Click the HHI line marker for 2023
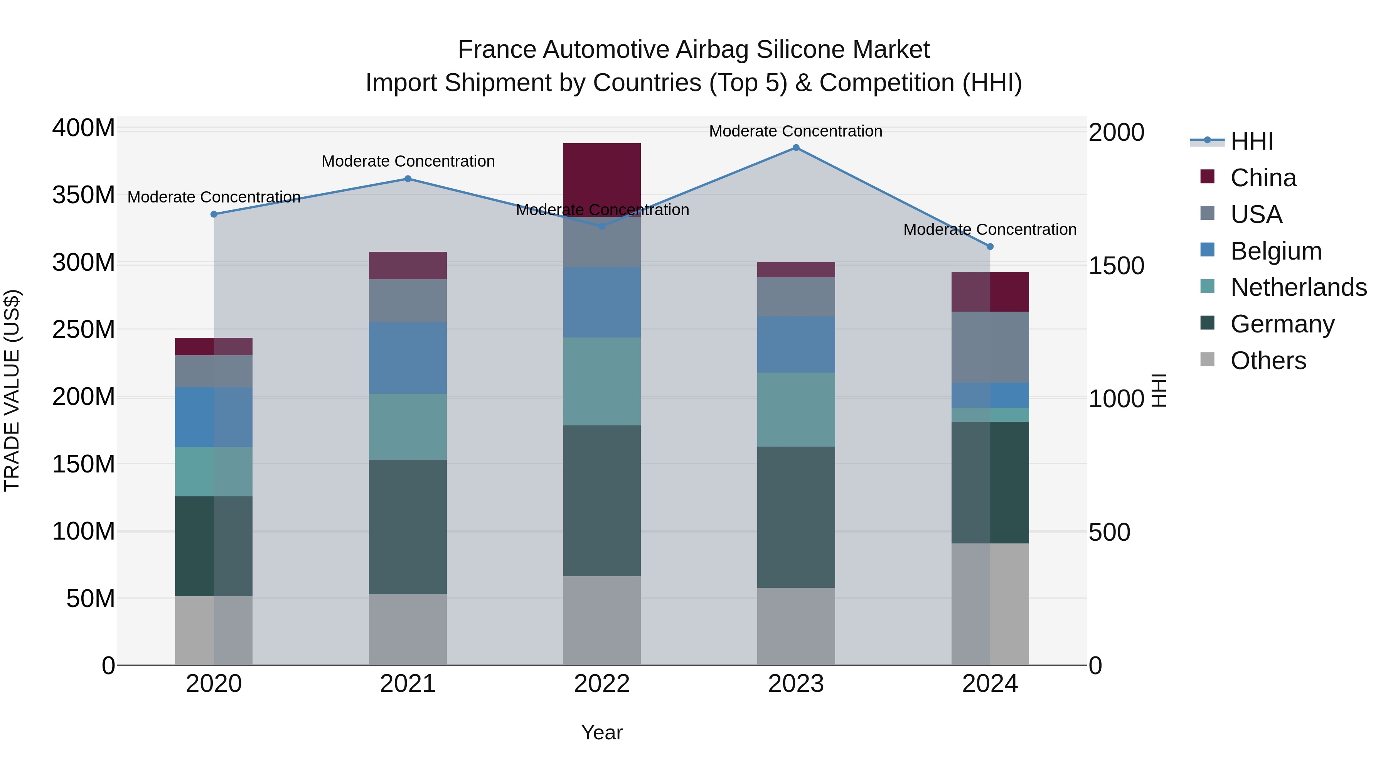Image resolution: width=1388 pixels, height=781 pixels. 796,148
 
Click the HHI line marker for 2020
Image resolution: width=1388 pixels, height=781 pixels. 214,214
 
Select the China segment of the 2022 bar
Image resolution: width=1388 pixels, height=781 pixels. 602,178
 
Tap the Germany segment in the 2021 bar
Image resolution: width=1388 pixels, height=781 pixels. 408,526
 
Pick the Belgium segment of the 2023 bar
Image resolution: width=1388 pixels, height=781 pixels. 796,344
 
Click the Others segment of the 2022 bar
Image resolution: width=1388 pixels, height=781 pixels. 602,621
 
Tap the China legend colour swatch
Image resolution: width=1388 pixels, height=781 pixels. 1208,177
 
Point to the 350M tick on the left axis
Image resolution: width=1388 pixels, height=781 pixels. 84,195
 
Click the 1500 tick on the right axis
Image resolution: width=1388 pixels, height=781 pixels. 1116,266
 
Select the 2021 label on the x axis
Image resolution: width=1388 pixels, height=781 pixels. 408,684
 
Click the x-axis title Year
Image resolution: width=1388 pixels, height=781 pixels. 602,732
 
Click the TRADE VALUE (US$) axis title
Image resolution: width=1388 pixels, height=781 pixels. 12,390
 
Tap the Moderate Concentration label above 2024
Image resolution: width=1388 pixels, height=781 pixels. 990,229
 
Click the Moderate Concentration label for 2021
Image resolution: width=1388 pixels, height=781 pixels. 408,161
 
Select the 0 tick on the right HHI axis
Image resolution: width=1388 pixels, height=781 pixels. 1095,666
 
